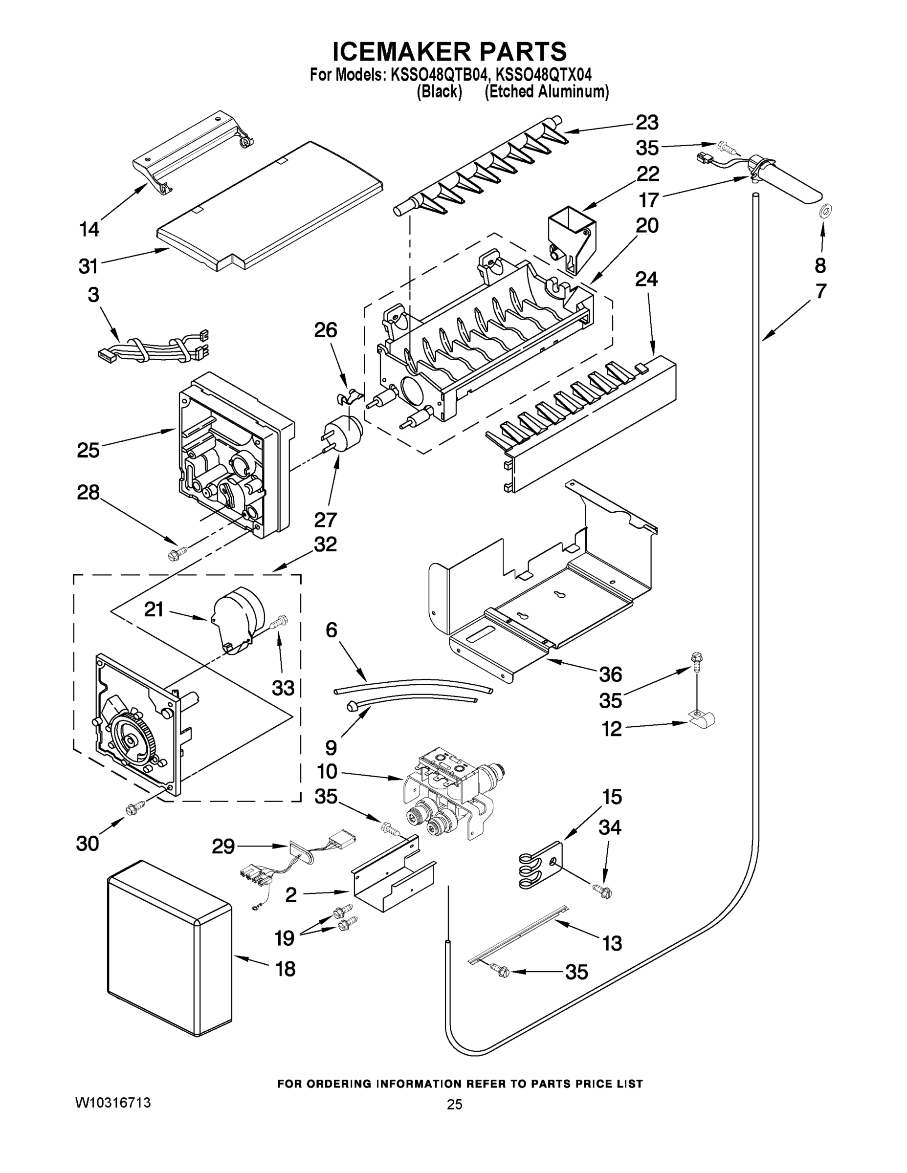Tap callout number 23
click(647, 123)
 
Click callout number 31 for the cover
click(88, 265)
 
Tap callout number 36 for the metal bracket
click(610, 674)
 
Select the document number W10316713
click(113, 1103)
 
